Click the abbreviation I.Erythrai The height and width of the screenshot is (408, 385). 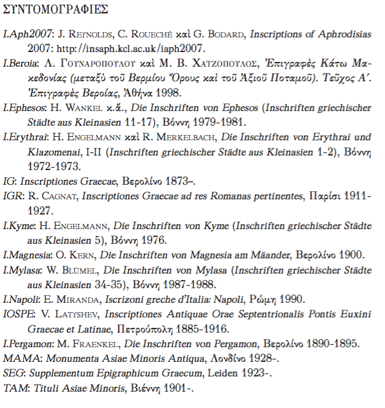[x=24, y=138]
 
